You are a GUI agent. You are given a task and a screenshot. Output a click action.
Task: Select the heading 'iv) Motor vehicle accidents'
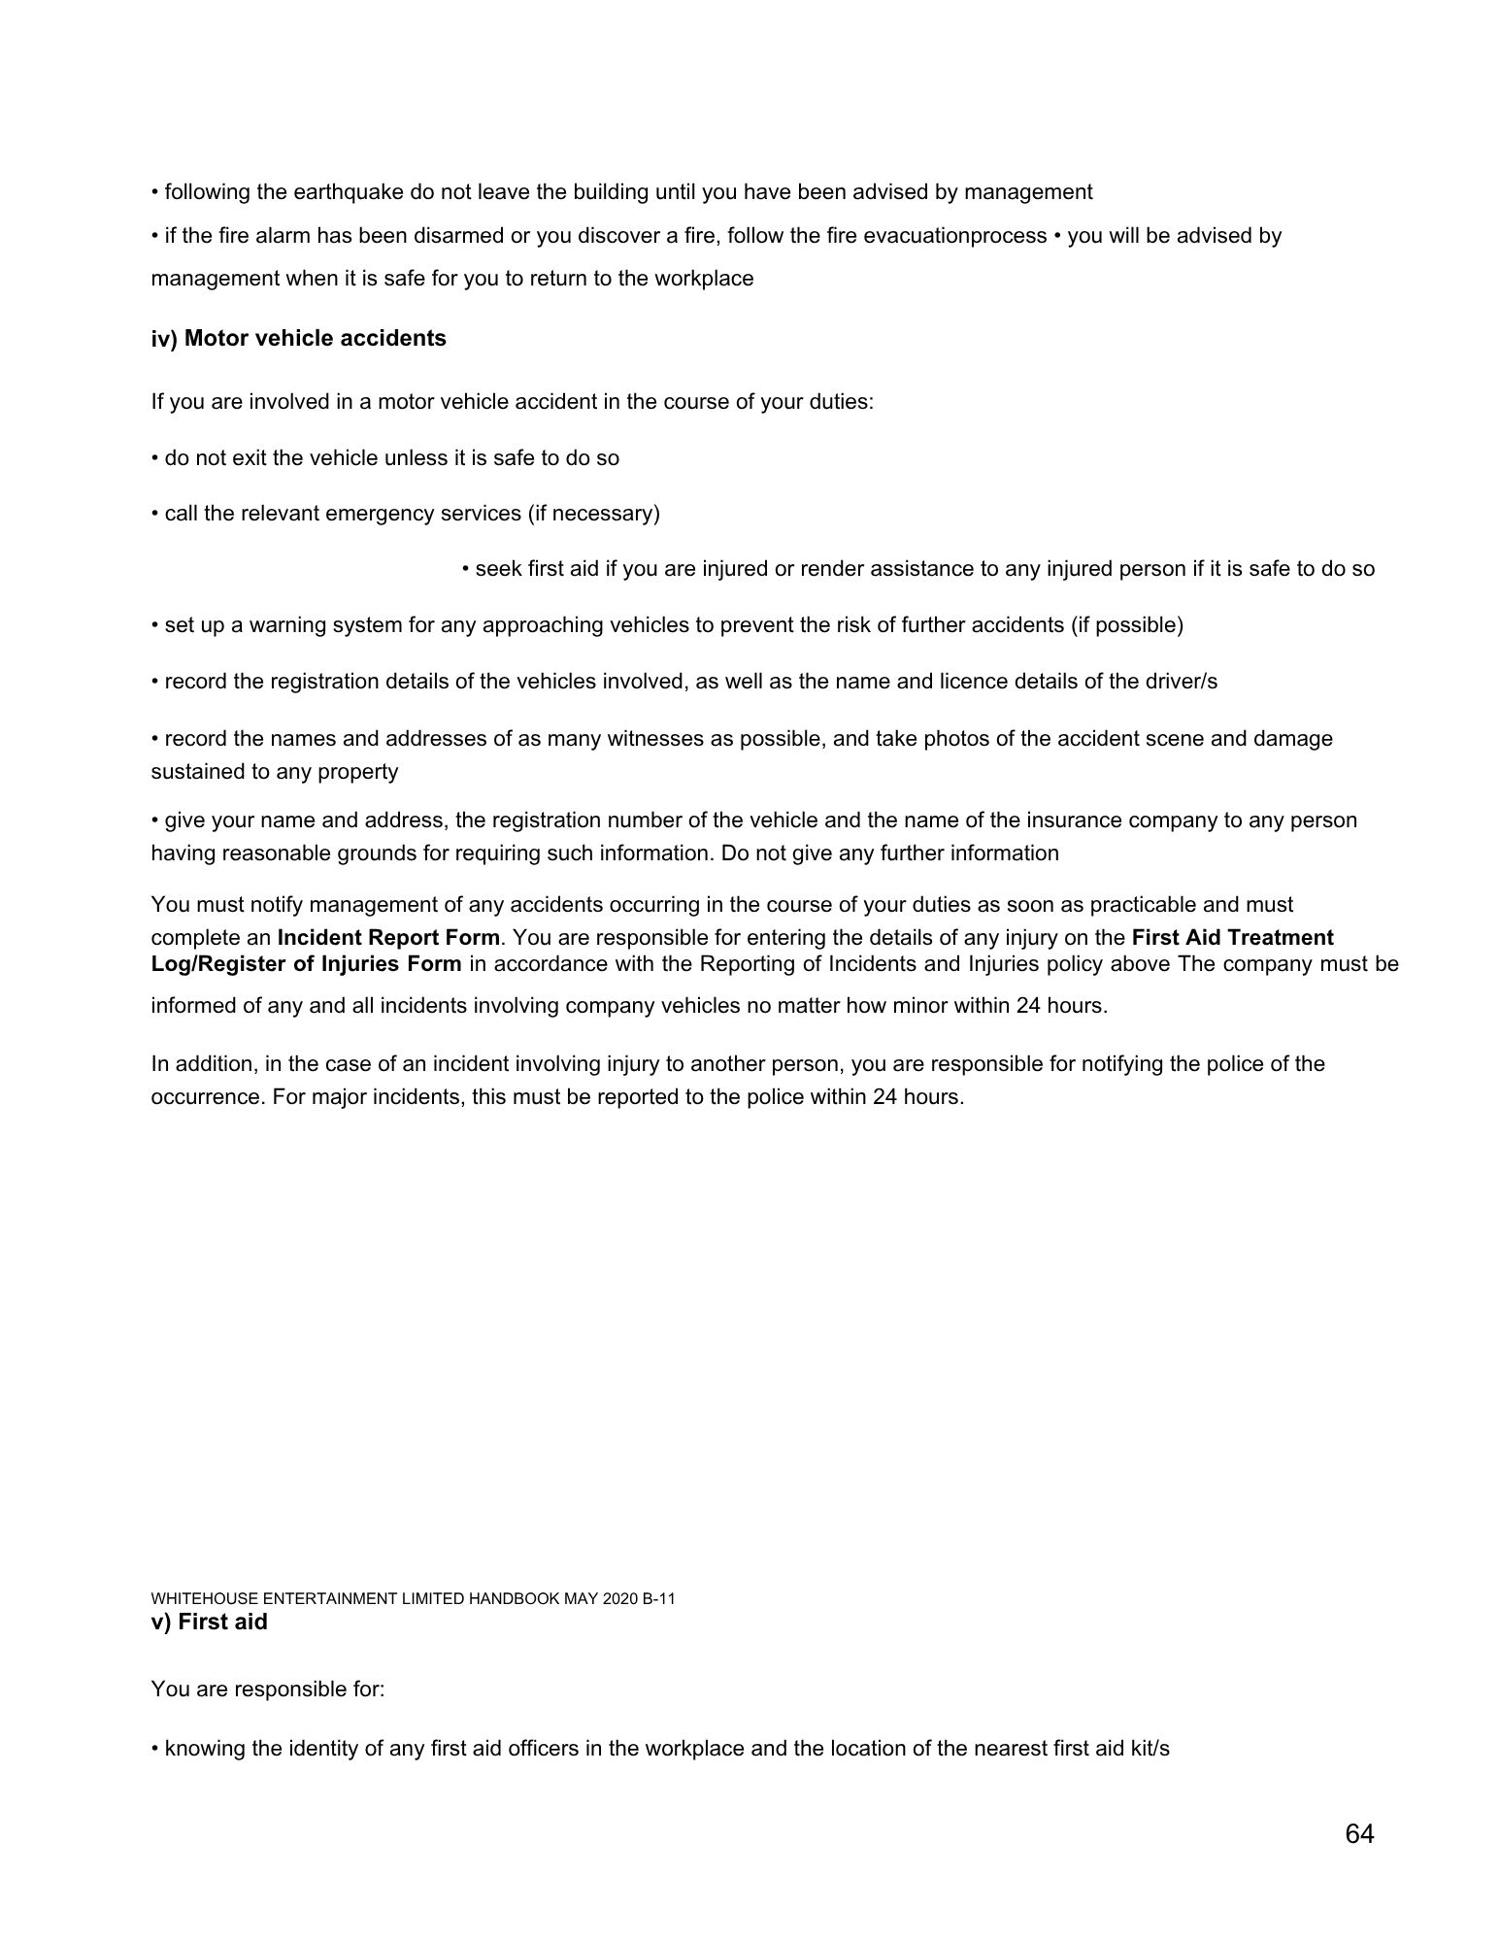point(298,338)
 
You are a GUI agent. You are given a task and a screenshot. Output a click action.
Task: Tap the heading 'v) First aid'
point(209,1622)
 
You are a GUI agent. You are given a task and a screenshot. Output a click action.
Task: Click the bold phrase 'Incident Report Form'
point(388,937)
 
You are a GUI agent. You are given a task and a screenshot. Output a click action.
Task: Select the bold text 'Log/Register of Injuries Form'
point(306,963)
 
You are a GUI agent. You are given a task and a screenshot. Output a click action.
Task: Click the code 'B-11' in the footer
point(658,1599)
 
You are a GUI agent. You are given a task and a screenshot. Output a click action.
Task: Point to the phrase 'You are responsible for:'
point(268,1689)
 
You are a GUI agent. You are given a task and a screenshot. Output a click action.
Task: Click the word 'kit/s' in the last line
point(1147,1749)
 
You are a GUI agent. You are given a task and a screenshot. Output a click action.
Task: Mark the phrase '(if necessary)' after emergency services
point(594,513)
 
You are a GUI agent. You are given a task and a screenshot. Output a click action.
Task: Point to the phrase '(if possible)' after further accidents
point(1127,625)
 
